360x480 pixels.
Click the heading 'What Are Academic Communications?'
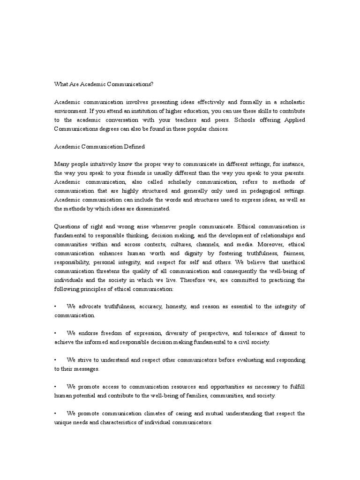pyautogui.click(x=104, y=84)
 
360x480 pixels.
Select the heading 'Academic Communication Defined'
pyautogui.click(x=99, y=147)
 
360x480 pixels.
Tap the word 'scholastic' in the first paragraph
pyautogui.click(x=289, y=102)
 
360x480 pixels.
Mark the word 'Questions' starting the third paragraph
pyautogui.click(x=68, y=227)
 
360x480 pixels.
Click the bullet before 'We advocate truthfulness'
pyautogui.click(x=55, y=307)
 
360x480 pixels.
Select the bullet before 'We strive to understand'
pyautogui.click(x=55, y=360)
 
